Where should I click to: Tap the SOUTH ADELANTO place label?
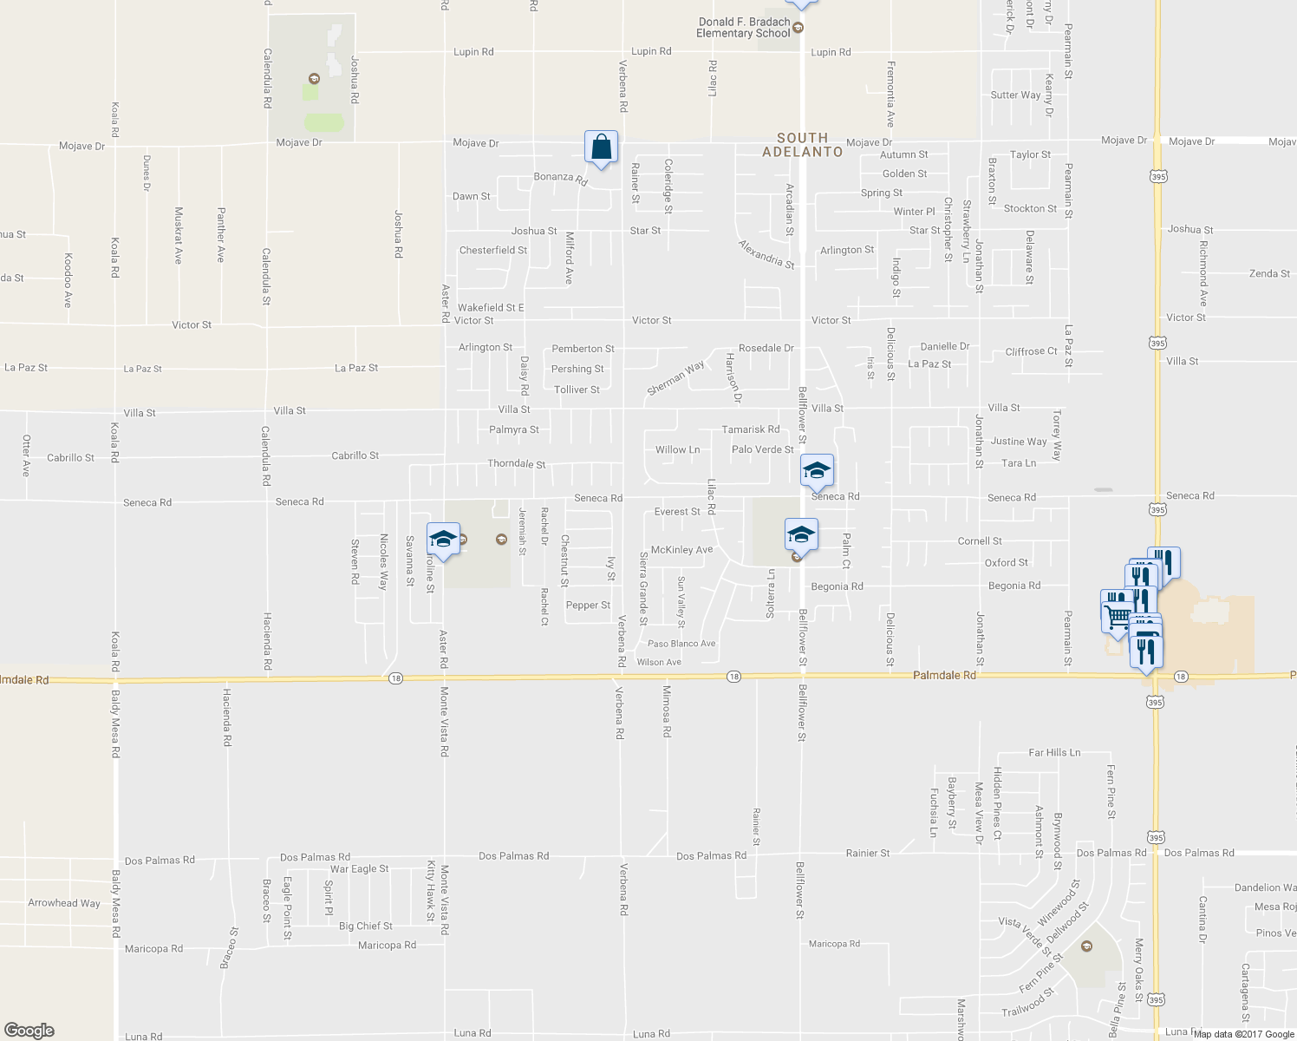pyautogui.click(x=802, y=145)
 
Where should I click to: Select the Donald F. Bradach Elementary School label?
pyautogui.click(x=744, y=28)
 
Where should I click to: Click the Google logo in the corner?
pyautogui.click(x=29, y=1031)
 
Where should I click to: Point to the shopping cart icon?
pyautogui.click(x=1117, y=615)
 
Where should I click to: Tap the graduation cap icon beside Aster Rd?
pyautogui.click(x=443, y=540)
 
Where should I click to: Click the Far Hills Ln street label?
pyautogui.click(x=1054, y=752)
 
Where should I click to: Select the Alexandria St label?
pyautogui.click(x=766, y=254)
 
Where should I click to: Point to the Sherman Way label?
pyautogui.click(x=675, y=379)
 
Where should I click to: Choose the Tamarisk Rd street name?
pyautogui.click(x=751, y=429)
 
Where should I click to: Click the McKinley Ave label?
pyautogui.click(x=681, y=550)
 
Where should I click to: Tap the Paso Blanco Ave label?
pyautogui.click(x=681, y=644)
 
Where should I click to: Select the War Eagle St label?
pyautogui.click(x=359, y=868)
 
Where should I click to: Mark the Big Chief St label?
pyautogui.click(x=365, y=926)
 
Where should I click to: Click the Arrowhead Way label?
pyautogui.click(x=64, y=903)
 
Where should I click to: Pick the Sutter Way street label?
pyautogui.click(x=1015, y=95)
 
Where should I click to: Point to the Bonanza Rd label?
pyautogui.click(x=560, y=179)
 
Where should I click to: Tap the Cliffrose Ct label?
pyautogui.click(x=1031, y=351)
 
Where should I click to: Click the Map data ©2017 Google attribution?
pyautogui.click(x=1243, y=1034)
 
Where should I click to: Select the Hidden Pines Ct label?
pyautogui.click(x=998, y=803)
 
